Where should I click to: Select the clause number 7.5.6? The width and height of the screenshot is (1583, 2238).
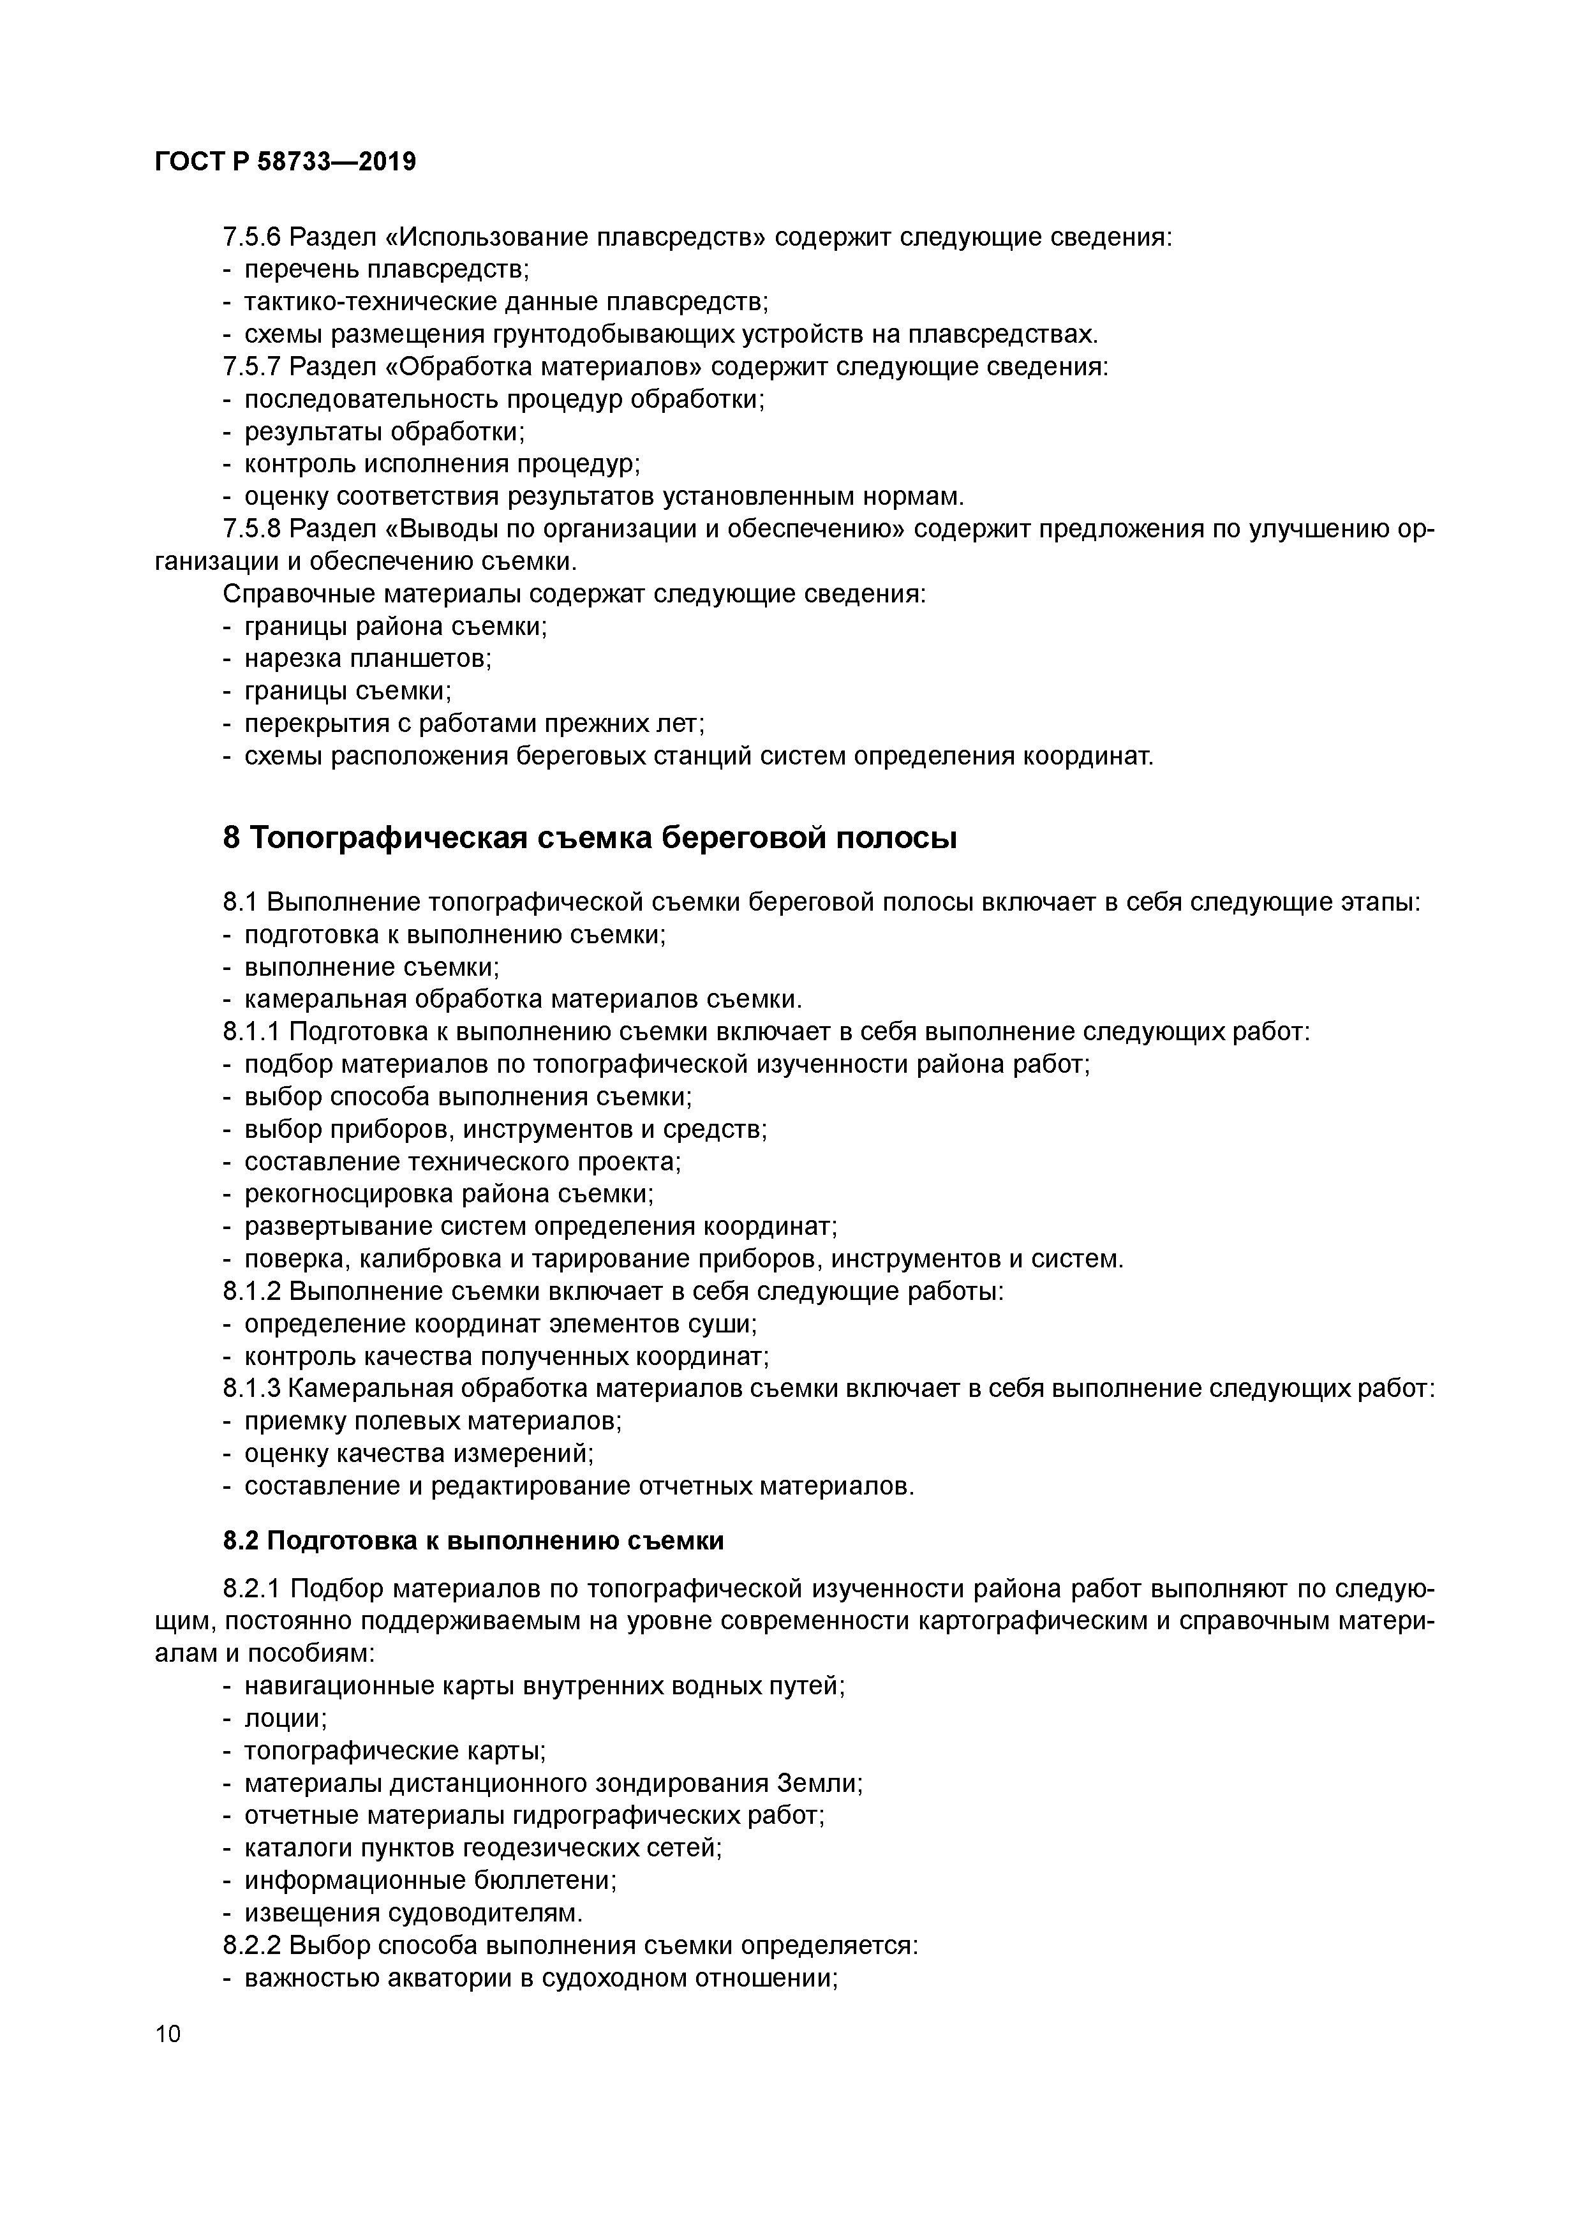click(251, 237)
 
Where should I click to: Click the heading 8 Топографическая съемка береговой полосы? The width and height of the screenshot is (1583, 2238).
click(590, 837)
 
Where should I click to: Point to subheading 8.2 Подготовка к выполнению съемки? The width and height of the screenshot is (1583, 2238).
click(473, 1541)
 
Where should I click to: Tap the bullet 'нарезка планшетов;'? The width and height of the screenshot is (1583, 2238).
click(368, 658)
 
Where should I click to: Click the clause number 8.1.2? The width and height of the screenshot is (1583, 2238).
click(251, 1292)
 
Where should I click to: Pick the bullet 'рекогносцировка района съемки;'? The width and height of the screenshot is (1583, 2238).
click(449, 1194)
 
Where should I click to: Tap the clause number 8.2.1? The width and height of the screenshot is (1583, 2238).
click(251, 1590)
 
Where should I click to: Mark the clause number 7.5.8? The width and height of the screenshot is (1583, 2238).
click(251, 529)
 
